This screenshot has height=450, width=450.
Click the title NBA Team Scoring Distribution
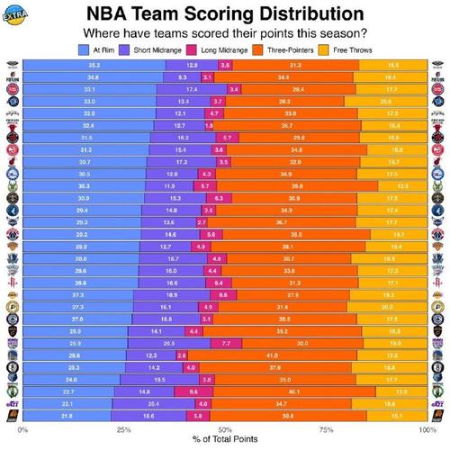[x=225, y=15]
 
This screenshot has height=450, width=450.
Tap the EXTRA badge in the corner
[x=14, y=13]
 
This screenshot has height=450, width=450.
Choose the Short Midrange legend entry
[x=157, y=51]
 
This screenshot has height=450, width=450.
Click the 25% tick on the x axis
[x=123, y=429]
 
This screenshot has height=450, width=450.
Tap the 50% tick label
[x=225, y=429]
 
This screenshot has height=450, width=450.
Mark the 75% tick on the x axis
[x=326, y=429]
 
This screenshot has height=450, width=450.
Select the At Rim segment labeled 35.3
[x=94, y=66]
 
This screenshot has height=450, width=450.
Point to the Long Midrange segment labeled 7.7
[x=226, y=343]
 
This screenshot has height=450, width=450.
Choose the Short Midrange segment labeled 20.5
[x=168, y=343]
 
